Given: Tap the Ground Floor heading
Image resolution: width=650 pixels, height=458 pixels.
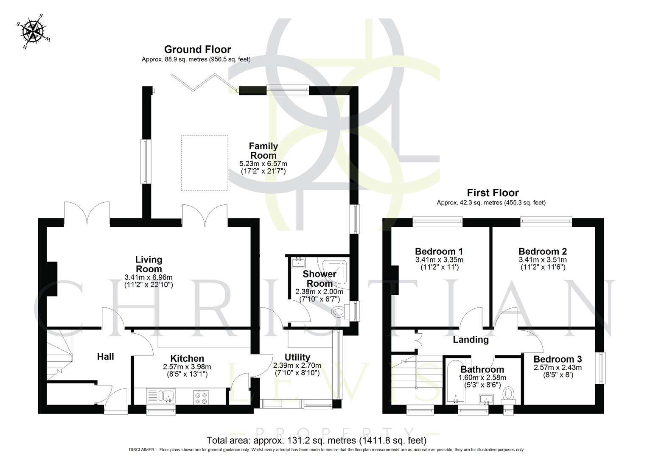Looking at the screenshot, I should click(197, 49).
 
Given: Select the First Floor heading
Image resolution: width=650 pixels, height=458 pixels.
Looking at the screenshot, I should click(493, 193).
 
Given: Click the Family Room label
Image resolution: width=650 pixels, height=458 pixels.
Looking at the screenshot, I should click(263, 151).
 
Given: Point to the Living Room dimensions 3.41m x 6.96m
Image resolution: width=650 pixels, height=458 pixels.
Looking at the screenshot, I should click(148, 277).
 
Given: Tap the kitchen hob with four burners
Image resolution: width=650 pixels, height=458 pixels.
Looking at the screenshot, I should click(201, 397).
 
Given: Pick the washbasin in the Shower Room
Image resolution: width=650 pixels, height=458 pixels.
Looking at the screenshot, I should click(299, 262).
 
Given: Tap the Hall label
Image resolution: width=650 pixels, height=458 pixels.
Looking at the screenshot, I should click(105, 357).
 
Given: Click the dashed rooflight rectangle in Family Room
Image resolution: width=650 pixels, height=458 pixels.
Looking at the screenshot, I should click(205, 163).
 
